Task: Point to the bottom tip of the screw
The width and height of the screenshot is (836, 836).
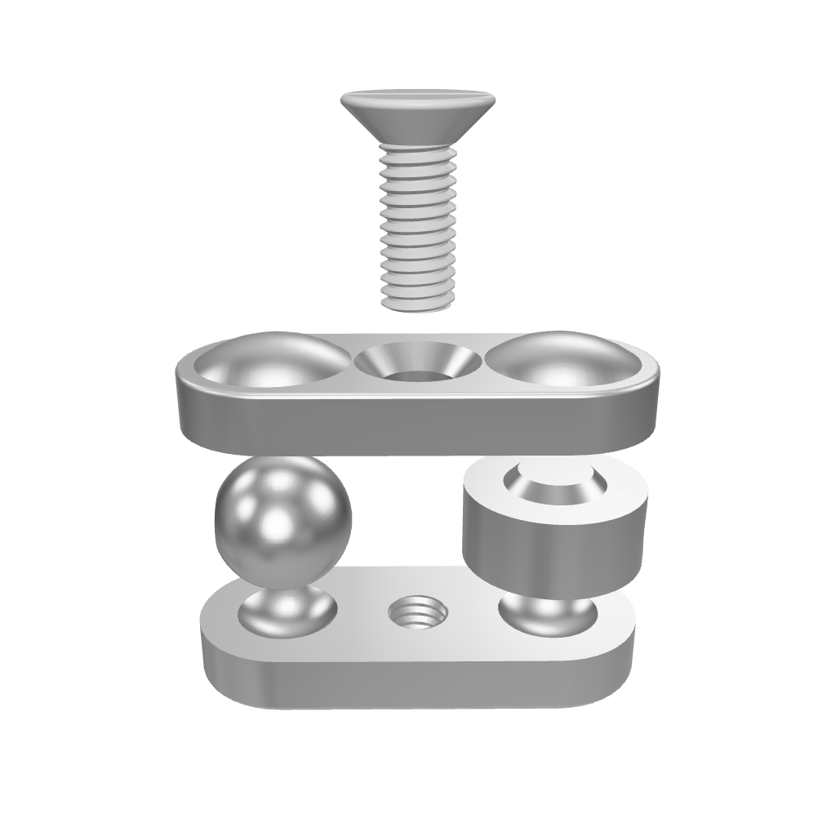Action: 416,306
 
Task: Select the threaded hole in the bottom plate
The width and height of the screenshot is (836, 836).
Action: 416,613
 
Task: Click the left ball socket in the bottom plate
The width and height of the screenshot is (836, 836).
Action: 286,616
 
